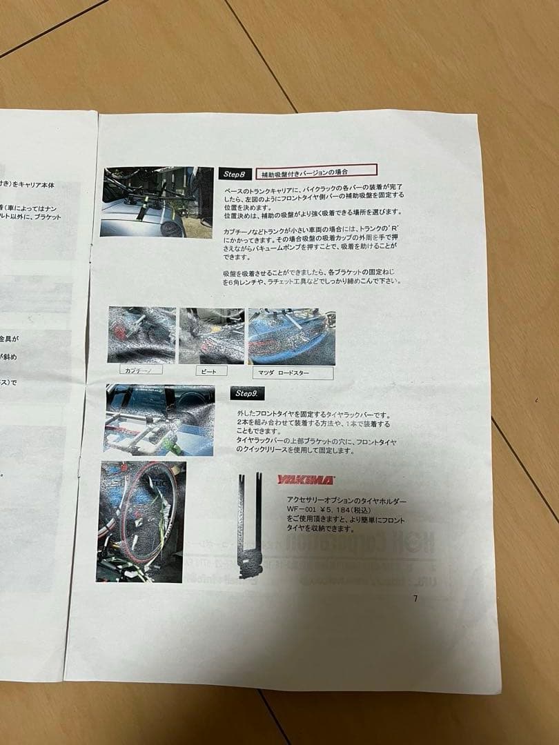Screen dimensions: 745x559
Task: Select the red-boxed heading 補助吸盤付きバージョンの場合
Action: click(316, 170)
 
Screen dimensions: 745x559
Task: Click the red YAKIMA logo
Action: click(305, 479)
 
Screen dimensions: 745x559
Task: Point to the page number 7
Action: click(415, 598)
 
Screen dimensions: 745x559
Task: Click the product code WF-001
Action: click(302, 510)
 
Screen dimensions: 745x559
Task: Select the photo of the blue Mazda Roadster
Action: click(291, 336)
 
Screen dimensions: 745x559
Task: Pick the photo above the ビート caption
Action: click(211, 335)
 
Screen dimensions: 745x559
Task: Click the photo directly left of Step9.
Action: click(159, 420)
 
